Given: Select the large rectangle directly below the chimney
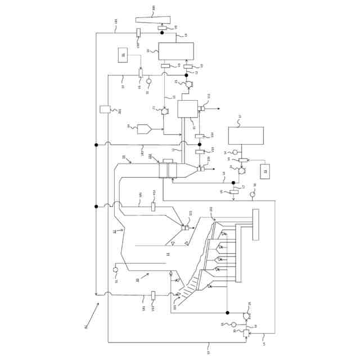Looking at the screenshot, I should point(175,51).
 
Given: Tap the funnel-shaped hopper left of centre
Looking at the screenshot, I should point(144,129).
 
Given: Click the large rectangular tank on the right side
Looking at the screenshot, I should point(245,136).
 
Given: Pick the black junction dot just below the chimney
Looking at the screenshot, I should point(162,33).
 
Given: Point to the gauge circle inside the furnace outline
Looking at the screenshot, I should point(115,269).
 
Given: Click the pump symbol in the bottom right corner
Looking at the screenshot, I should point(246,316).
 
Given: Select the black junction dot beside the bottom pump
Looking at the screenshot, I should point(227,313).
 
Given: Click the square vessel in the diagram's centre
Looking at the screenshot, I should point(188,109).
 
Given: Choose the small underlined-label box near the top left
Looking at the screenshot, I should point(124,55).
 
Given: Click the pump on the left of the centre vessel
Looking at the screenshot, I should point(165,111).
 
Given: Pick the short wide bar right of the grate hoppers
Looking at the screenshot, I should point(256,224).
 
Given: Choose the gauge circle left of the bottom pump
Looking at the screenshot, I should point(233,325).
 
